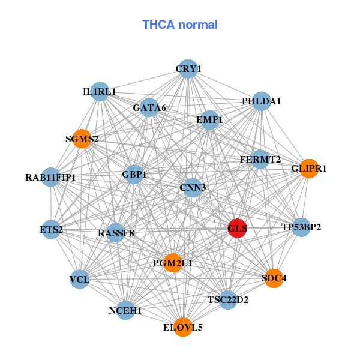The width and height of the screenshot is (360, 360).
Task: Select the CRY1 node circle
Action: tap(188, 69)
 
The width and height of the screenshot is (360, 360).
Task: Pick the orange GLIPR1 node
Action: tap(308, 169)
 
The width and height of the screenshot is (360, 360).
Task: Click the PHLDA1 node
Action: tap(262, 101)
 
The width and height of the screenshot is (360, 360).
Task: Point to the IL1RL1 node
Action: tap(100, 92)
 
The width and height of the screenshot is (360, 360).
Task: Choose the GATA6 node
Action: tap(149, 108)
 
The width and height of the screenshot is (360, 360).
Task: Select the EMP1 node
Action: tap(209, 120)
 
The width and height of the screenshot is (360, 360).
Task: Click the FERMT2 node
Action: tap(260, 159)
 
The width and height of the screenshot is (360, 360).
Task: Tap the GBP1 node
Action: tap(134, 175)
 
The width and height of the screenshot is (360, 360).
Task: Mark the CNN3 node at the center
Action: tap(193, 188)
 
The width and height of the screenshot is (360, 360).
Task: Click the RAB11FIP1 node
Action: tap(50, 177)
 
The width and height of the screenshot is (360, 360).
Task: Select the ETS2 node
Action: tap(51, 229)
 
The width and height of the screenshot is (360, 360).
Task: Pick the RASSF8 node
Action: tap(116, 232)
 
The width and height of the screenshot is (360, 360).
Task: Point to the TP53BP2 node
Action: tap(301, 227)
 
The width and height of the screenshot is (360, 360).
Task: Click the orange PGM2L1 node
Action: tap(173, 263)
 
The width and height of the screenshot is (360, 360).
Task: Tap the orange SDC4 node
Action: tap(274, 278)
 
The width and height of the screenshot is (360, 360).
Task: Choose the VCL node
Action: tap(79, 280)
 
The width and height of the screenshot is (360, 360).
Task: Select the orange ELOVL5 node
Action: tap(183, 327)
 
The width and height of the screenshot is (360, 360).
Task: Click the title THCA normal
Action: tap(180, 25)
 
